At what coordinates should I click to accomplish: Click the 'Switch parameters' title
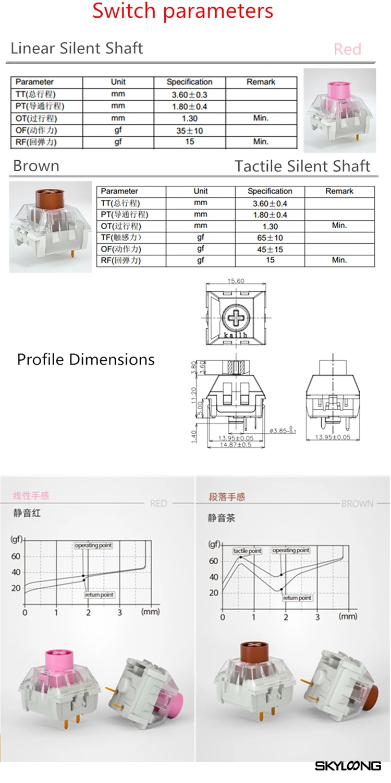(x=183, y=11)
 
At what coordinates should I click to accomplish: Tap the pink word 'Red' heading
(x=347, y=49)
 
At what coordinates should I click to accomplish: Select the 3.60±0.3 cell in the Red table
(x=189, y=94)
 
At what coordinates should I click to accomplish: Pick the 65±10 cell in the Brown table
(x=270, y=238)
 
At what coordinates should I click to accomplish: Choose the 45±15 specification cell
(x=270, y=249)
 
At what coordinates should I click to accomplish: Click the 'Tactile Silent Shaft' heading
(x=302, y=166)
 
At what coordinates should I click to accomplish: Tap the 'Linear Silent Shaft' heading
(x=77, y=49)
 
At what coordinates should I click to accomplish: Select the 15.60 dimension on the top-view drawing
(x=236, y=281)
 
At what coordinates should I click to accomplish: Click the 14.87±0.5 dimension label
(x=236, y=444)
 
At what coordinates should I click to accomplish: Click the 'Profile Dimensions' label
(x=86, y=359)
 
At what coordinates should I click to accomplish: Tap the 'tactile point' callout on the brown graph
(x=247, y=551)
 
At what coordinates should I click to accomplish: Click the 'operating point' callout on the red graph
(x=93, y=545)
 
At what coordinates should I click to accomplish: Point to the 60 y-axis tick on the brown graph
(x=213, y=561)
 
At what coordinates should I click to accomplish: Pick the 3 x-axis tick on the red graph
(x=120, y=612)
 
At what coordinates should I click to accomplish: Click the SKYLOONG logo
(x=348, y=766)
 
